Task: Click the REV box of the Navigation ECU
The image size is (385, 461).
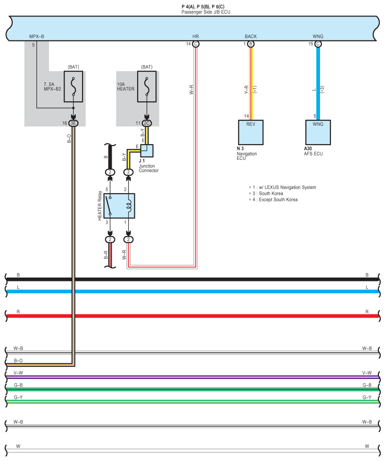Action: [251, 132]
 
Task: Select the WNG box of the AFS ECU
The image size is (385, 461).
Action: [318, 132]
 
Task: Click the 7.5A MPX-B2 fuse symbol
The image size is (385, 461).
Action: [73, 86]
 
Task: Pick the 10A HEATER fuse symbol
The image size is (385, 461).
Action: [147, 86]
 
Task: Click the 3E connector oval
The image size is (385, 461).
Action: [73, 123]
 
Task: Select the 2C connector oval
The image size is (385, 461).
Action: [147, 123]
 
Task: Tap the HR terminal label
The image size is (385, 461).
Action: [196, 36]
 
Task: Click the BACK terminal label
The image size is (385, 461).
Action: [251, 36]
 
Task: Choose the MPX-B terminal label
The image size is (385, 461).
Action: [36, 36]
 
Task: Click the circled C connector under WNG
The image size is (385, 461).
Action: [318, 44]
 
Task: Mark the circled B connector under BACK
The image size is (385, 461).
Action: [251, 44]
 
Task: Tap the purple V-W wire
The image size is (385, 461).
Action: [188, 377]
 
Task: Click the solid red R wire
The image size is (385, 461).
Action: [188, 316]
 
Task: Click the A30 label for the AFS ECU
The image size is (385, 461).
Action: [309, 148]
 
